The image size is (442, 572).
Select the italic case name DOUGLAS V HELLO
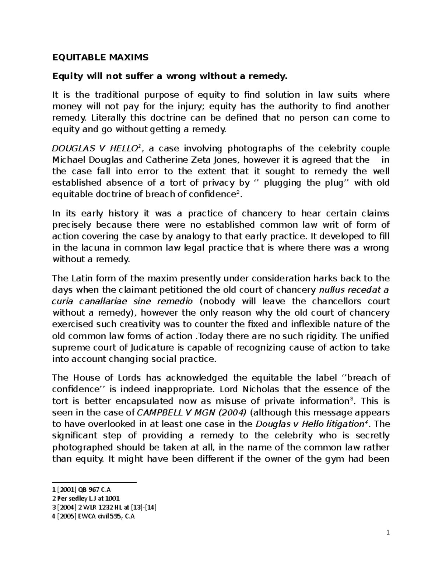click(x=95, y=148)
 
